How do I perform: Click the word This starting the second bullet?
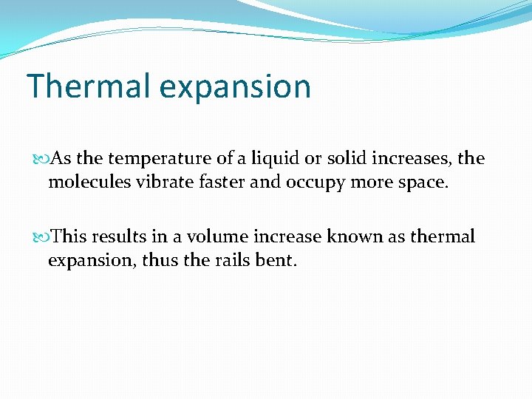point(70,236)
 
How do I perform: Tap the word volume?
point(215,236)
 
